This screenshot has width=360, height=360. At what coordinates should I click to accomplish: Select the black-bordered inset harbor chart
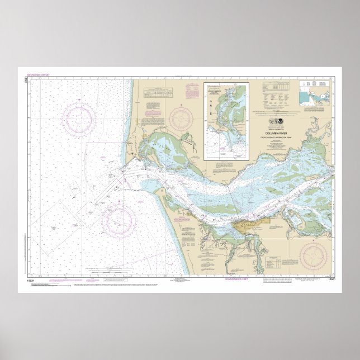pos(226,121)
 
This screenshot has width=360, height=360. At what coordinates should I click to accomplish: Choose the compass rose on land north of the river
pos(181,119)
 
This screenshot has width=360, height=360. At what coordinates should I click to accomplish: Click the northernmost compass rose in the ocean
pos(79,119)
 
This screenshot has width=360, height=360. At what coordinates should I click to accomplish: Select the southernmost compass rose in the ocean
pos(119,219)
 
